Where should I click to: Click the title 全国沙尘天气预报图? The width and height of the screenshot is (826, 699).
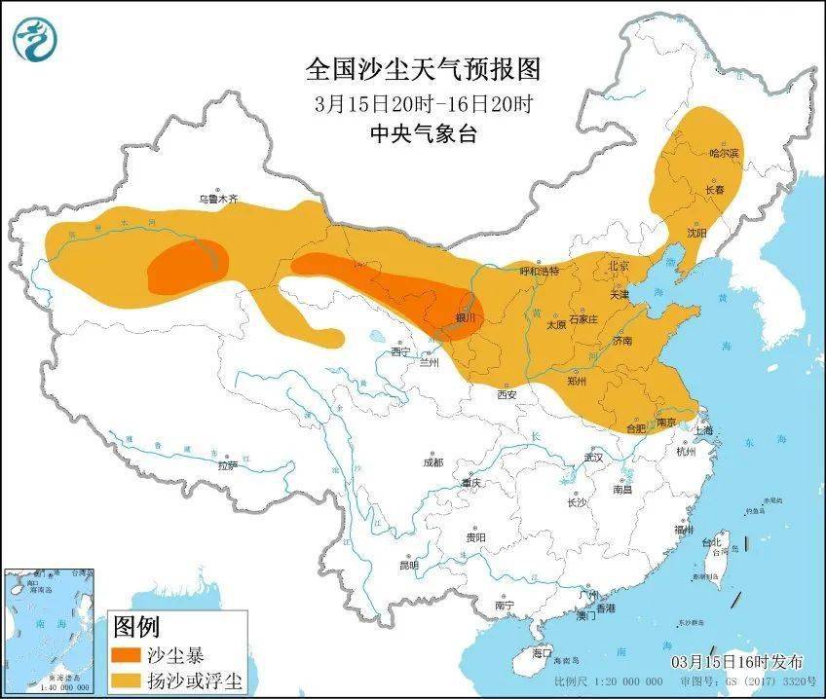coord(422,70)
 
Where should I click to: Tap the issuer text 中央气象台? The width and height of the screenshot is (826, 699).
coord(423,134)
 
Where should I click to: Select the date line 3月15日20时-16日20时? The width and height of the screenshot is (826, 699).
coord(422,103)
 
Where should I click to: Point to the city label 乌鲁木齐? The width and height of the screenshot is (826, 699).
coord(217,199)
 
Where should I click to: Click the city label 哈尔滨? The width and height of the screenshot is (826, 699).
coord(725,154)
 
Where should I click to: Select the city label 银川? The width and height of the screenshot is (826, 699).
coord(469,317)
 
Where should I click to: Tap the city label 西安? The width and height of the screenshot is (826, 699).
coord(507,394)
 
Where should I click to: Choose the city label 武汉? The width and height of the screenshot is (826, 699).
coord(594,457)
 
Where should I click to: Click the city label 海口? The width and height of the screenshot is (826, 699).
coord(541,653)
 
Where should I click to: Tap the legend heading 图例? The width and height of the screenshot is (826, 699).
coord(136,625)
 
